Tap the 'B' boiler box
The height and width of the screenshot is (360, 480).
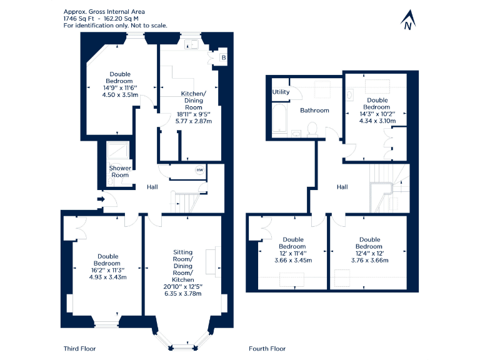click(x=224, y=58)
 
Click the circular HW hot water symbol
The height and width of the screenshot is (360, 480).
click(x=200, y=170)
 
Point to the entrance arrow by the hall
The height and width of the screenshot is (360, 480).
click(x=101, y=199)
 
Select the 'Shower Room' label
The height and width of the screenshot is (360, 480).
click(x=120, y=171)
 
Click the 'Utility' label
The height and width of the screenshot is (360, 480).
click(x=281, y=92)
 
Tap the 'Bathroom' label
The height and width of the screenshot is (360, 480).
click(x=314, y=111)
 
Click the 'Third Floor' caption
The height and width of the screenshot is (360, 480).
click(x=79, y=348)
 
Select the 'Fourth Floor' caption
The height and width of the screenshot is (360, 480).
click(x=267, y=348)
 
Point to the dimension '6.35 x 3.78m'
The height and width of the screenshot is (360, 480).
click(x=182, y=293)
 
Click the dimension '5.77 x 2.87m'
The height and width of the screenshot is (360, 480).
click(x=193, y=121)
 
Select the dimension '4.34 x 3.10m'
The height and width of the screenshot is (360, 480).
click(x=377, y=121)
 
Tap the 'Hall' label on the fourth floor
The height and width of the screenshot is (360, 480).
click(x=342, y=187)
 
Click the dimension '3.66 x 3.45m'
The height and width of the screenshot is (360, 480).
click(x=293, y=260)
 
